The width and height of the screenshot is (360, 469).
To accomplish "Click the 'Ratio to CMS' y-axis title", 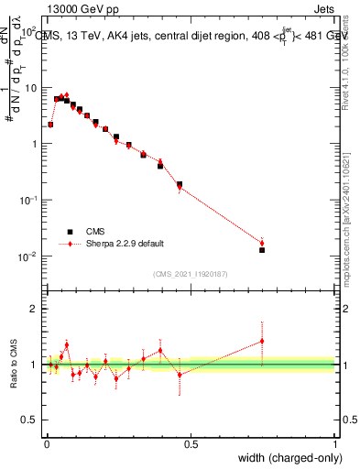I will [14, 365].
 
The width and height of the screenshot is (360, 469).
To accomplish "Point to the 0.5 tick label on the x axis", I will [190, 442].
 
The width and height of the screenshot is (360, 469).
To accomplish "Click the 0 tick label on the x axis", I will [46, 442].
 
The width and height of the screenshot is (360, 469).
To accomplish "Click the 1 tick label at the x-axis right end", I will [334, 442].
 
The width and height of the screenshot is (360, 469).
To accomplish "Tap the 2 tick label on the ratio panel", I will [35, 309].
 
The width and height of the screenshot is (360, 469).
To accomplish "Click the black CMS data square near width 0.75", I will [262, 250].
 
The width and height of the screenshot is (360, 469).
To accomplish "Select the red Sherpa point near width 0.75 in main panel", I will [262, 243].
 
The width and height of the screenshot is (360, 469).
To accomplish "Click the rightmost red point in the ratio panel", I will [262, 341].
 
